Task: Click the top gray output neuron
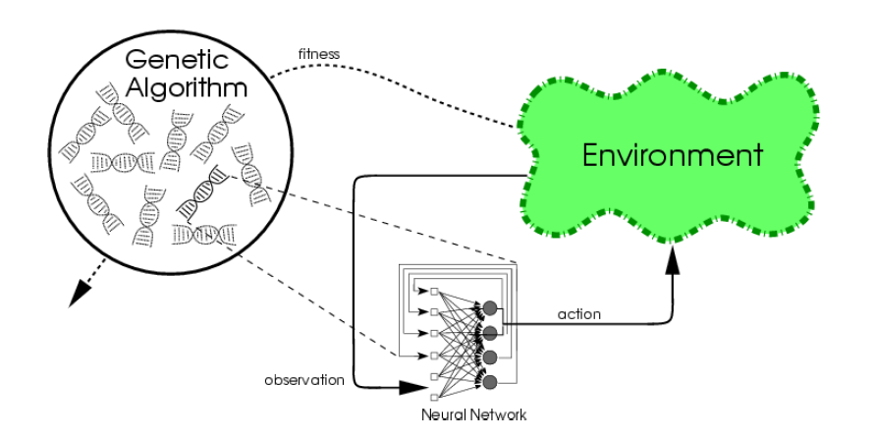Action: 488,308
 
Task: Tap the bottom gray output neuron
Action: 488,379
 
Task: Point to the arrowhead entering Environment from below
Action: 673,257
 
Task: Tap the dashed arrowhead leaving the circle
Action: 74,300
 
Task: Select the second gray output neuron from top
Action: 488,332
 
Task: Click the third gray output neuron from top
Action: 488,356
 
